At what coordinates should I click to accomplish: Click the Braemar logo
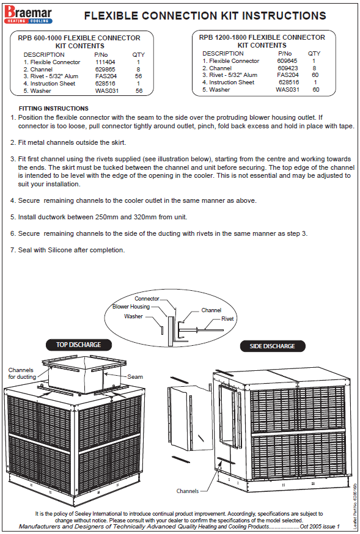(x=28, y=15)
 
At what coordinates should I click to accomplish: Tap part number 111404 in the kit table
(x=105, y=62)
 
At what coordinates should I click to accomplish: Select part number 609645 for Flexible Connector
(x=287, y=60)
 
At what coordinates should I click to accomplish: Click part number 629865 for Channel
(x=105, y=69)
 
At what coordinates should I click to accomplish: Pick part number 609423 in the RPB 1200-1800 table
(x=287, y=68)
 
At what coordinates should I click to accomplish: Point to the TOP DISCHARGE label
(x=79, y=345)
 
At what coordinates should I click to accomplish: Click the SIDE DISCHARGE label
(x=273, y=346)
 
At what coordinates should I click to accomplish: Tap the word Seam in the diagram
(x=135, y=376)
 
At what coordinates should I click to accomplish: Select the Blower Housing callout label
(x=131, y=307)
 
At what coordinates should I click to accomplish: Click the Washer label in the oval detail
(x=133, y=316)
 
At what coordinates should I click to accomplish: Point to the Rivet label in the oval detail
(x=227, y=319)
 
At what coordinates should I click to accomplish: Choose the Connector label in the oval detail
(x=147, y=299)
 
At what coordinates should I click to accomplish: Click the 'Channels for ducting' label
(x=22, y=373)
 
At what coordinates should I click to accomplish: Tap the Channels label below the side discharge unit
(x=187, y=491)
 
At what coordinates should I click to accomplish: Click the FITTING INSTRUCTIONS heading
(x=53, y=109)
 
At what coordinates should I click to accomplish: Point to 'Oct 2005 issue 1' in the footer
(x=320, y=526)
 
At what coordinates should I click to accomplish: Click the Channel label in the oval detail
(x=211, y=310)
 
